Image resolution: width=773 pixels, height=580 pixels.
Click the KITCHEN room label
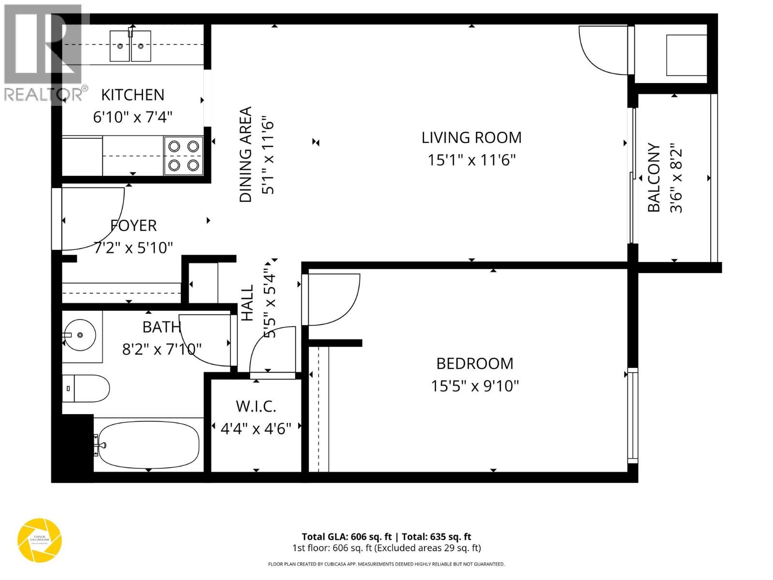[132, 95]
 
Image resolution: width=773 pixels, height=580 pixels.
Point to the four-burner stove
[184, 156]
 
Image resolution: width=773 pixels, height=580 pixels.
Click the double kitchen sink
[130, 46]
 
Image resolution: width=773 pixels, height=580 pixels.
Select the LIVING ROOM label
[471, 138]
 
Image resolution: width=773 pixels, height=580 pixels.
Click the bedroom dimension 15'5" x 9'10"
[474, 386]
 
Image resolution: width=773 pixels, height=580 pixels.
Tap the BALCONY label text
[654, 177]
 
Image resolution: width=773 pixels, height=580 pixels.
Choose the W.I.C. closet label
[256, 406]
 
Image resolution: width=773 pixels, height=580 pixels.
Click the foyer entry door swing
[92, 217]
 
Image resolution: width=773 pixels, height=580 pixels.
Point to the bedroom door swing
[333, 300]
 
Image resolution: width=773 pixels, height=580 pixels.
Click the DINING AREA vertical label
[246, 155]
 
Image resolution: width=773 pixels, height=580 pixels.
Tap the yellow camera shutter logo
[40, 540]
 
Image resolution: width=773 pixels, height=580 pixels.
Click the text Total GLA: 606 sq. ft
[346, 536]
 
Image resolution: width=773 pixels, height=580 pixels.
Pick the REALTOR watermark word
[43, 94]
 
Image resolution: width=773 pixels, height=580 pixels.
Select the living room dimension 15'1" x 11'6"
[471, 160]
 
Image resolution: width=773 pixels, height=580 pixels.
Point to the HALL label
[247, 303]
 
